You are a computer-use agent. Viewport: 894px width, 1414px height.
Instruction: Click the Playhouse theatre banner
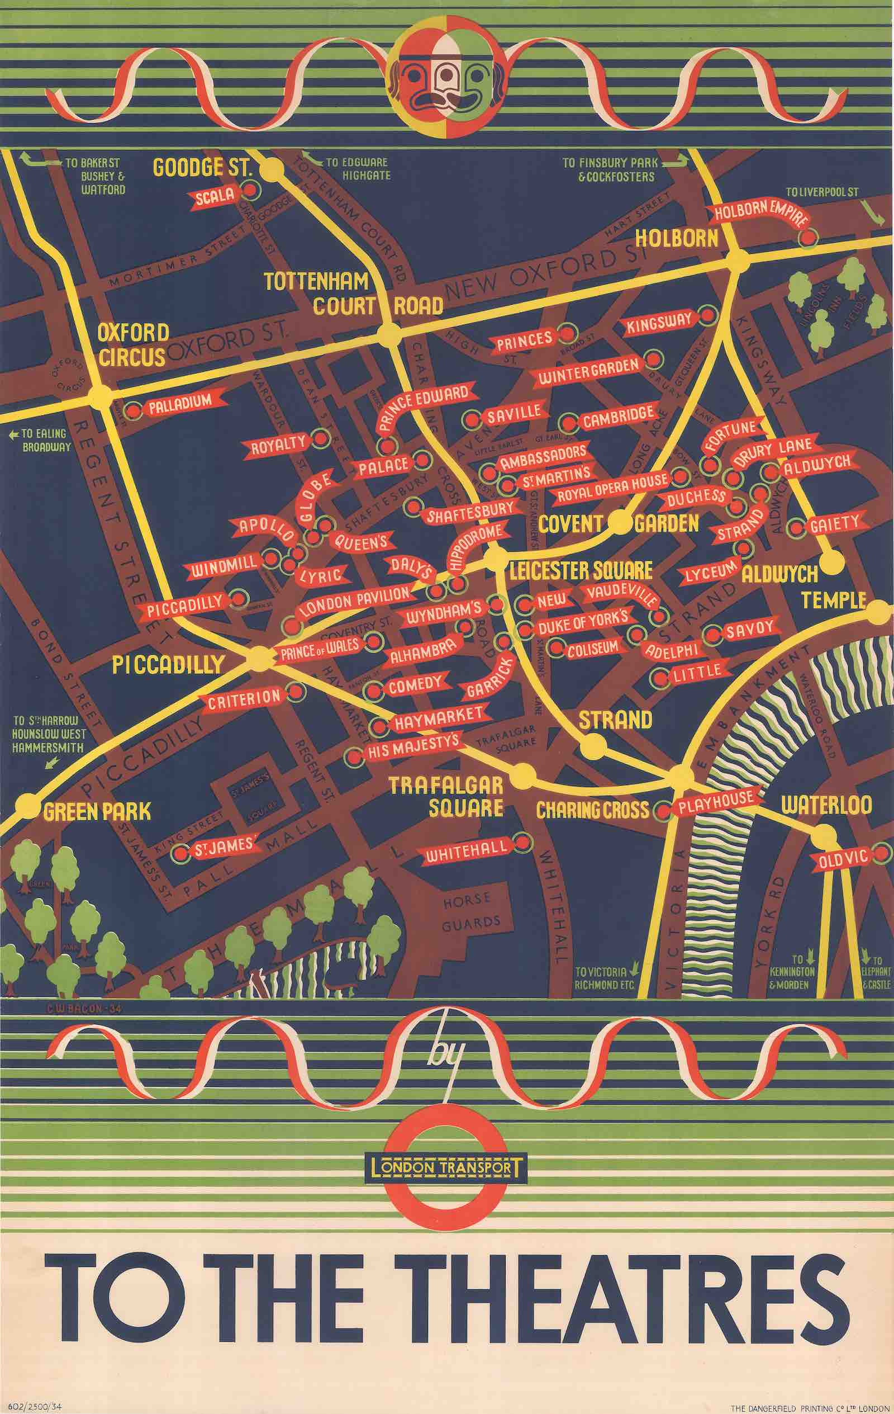[x=715, y=799]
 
